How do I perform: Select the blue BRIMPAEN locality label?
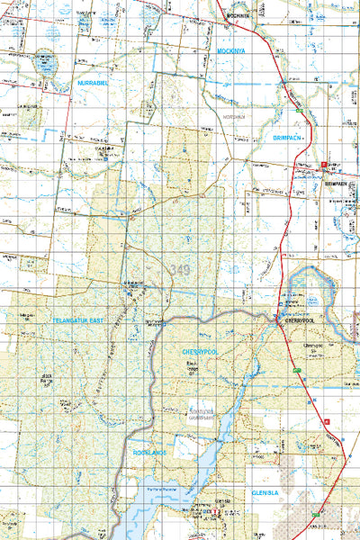pyautogui.click(x=288, y=137)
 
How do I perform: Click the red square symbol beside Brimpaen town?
pyautogui.click(x=323, y=163)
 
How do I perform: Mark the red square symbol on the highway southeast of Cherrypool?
pyautogui.click(x=327, y=421)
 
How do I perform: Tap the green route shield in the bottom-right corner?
pyautogui.click(x=315, y=514)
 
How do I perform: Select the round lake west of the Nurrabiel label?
pyautogui.click(x=44, y=65)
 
